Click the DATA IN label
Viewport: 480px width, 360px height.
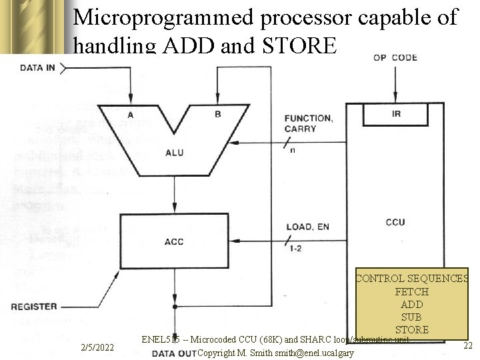click(x=38, y=67)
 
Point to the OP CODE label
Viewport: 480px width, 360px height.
click(x=395, y=57)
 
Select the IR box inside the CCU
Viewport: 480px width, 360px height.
click(x=396, y=115)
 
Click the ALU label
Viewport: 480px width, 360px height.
click(x=174, y=153)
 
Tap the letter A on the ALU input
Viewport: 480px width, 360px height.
click(x=131, y=115)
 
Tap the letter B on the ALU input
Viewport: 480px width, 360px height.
click(x=217, y=115)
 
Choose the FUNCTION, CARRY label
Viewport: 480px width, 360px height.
click(x=308, y=123)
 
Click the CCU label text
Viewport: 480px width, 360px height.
click(x=395, y=222)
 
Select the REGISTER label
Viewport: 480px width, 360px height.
click(x=34, y=307)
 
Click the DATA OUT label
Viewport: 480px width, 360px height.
click(x=173, y=353)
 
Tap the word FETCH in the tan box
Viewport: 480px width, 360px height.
click(x=411, y=292)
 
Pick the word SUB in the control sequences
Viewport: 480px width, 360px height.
click(x=411, y=317)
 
